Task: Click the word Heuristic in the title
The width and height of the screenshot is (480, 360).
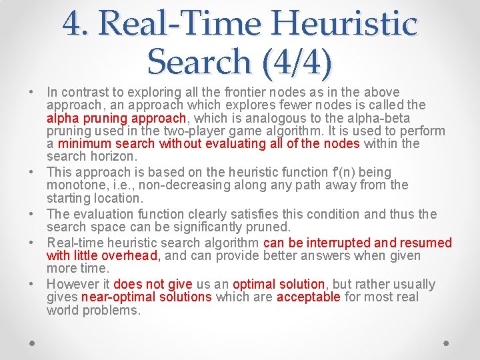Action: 353,24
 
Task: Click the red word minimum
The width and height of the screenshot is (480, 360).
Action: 85,143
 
